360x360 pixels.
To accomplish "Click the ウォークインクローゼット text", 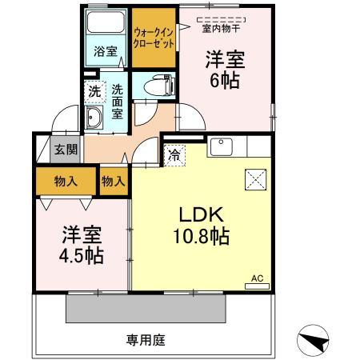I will pyautogui.click(x=154, y=38).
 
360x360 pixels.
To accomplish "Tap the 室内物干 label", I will pyautogui.click(x=220, y=30).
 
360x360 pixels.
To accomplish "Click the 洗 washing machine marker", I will pyautogui.click(x=95, y=92).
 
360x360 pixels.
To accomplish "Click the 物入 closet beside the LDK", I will pyautogui.click(x=114, y=182).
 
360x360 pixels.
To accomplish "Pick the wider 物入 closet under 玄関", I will pyautogui.click(x=66, y=182).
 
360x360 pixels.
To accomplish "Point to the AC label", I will pyautogui.click(x=258, y=278).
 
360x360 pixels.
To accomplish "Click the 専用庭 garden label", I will pyautogui.click(x=145, y=340).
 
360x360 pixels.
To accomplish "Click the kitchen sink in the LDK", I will pyautogui.click(x=220, y=147).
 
